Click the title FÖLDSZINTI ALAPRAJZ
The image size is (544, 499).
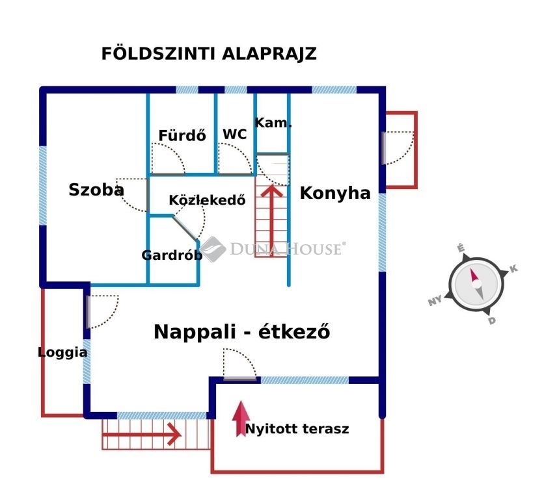(x=209, y=54)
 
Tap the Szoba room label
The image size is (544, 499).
(x=96, y=190)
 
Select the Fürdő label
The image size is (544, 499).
(x=182, y=135)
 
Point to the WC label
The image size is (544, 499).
(x=235, y=134)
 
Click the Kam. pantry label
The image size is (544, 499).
(x=273, y=123)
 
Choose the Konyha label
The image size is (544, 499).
(x=335, y=193)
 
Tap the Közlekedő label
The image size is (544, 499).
(x=207, y=200)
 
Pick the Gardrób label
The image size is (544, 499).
(x=172, y=255)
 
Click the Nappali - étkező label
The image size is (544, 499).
(x=242, y=331)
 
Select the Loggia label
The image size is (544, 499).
(x=62, y=352)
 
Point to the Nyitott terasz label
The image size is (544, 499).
(x=297, y=429)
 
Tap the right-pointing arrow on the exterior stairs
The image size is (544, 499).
(x=142, y=434)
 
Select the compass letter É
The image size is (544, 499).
(x=461, y=248)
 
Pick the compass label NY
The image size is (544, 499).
(x=435, y=300)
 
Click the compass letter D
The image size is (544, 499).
(x=492, y=321)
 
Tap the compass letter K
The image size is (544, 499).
(x=513, y=268)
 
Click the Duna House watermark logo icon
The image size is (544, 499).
(x=212, y=249)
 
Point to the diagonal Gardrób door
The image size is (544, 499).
(x=185, y=227)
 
